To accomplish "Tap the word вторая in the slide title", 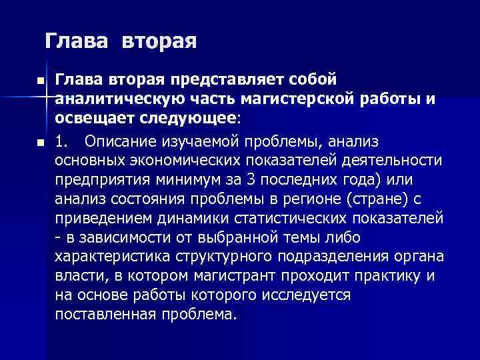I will pos(159,41).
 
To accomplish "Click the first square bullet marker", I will pos(41,80).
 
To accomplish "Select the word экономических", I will pos(181,160).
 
